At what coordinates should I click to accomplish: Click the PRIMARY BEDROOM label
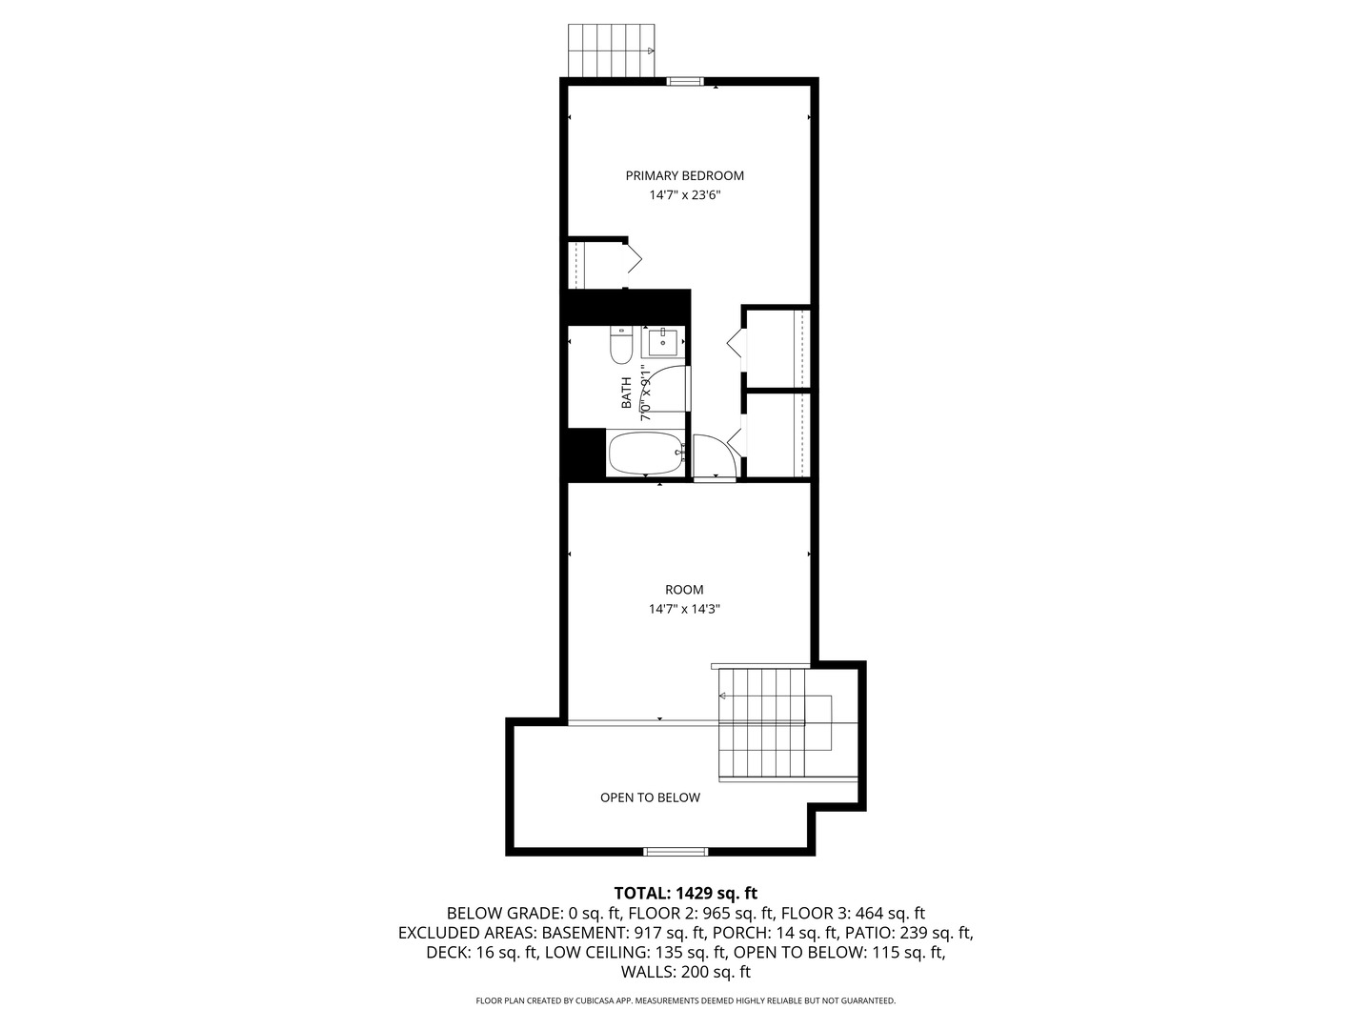(684, 175)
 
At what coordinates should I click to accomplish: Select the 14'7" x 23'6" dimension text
(684, 195)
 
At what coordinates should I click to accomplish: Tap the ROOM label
(684, 590)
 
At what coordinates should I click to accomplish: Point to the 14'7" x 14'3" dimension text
(684, 609)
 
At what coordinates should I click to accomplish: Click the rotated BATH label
(627, 393)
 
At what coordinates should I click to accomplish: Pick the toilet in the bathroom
(621, 346)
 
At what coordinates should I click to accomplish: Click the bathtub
(646, 454)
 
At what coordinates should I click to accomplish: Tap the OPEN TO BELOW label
(650, 797)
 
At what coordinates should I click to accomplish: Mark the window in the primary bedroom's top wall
(684, 82)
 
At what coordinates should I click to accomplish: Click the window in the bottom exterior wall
(676, 851)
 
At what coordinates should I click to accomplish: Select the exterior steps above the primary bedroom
(611, 50)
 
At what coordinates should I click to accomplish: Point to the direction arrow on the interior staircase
(724, 697)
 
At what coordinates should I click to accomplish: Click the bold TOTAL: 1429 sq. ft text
(685, 893)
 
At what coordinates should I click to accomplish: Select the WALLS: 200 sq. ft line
(685, 973)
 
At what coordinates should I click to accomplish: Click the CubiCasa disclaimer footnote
(685, 1000)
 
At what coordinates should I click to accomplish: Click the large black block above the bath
(627, 307)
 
